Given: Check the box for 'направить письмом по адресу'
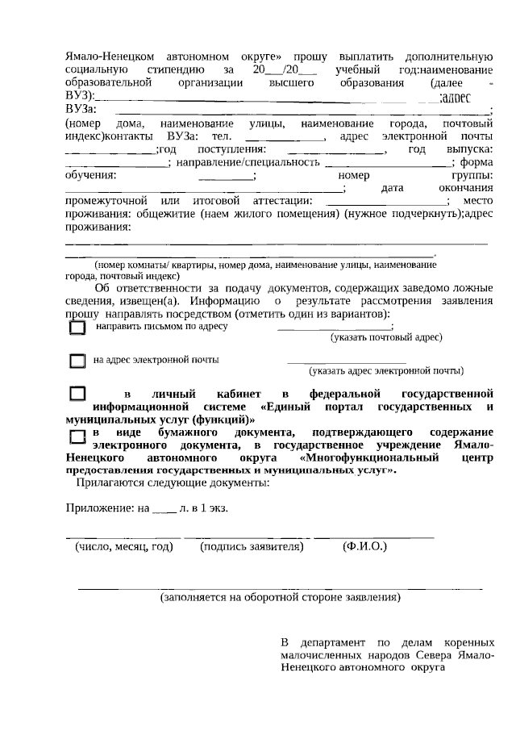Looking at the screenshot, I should click(x=77, y=328).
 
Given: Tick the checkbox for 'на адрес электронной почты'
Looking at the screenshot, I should click(x=77, y=361).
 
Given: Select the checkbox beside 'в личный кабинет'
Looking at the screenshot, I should click(x=77, y=394).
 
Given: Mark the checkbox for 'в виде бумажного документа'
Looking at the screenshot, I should click(x=77, y=436).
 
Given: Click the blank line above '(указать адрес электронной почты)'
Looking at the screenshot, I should click(x=347, y=362).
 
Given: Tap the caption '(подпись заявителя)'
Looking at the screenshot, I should click(x=252, y=547).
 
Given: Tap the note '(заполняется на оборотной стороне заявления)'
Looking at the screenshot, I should click(x=280, y=599).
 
